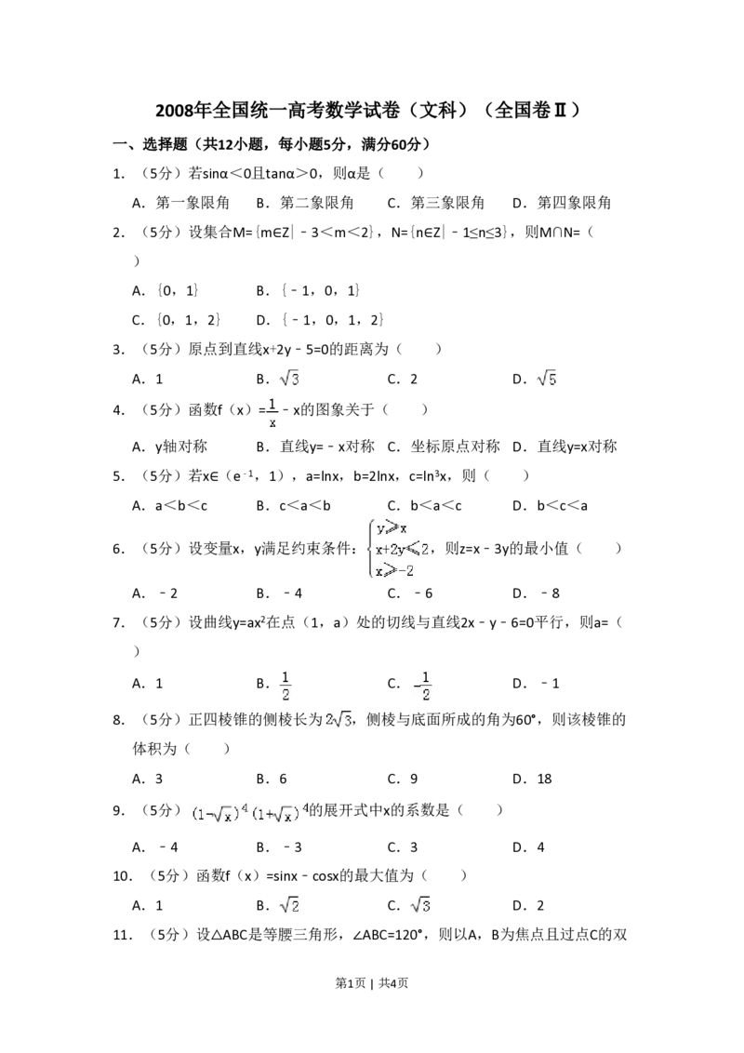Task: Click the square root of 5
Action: [547, 377]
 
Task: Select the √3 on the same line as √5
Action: [290, 377]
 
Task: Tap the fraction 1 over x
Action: [272, 413]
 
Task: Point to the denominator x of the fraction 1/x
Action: [272, 422]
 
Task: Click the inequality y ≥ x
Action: [392, 527]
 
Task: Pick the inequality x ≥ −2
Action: [394, 569]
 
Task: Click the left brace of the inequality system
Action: [371, 548]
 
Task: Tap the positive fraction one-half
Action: [286, 685]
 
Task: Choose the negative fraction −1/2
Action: [424, 685]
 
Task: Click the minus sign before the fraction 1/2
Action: [415, 686]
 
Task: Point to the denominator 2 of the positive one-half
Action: [286, 695]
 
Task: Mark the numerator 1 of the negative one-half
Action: [426, 675]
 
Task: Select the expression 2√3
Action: [339, 719]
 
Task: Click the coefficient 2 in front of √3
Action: [329, 719]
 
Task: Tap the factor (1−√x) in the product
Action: [216, 813]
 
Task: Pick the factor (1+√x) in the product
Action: [276, 813]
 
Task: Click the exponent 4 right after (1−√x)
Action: [245, 807]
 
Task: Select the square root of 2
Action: [290, 904]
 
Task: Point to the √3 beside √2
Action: [420, 904]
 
